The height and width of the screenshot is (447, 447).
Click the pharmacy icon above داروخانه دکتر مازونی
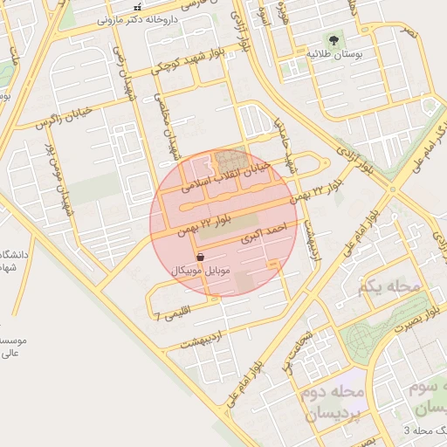coord(136,7)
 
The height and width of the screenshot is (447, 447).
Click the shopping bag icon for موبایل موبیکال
coord(201,257)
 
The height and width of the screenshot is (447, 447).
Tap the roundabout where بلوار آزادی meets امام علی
coord(392,189)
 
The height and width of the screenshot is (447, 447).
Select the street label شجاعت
coord(299,340)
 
